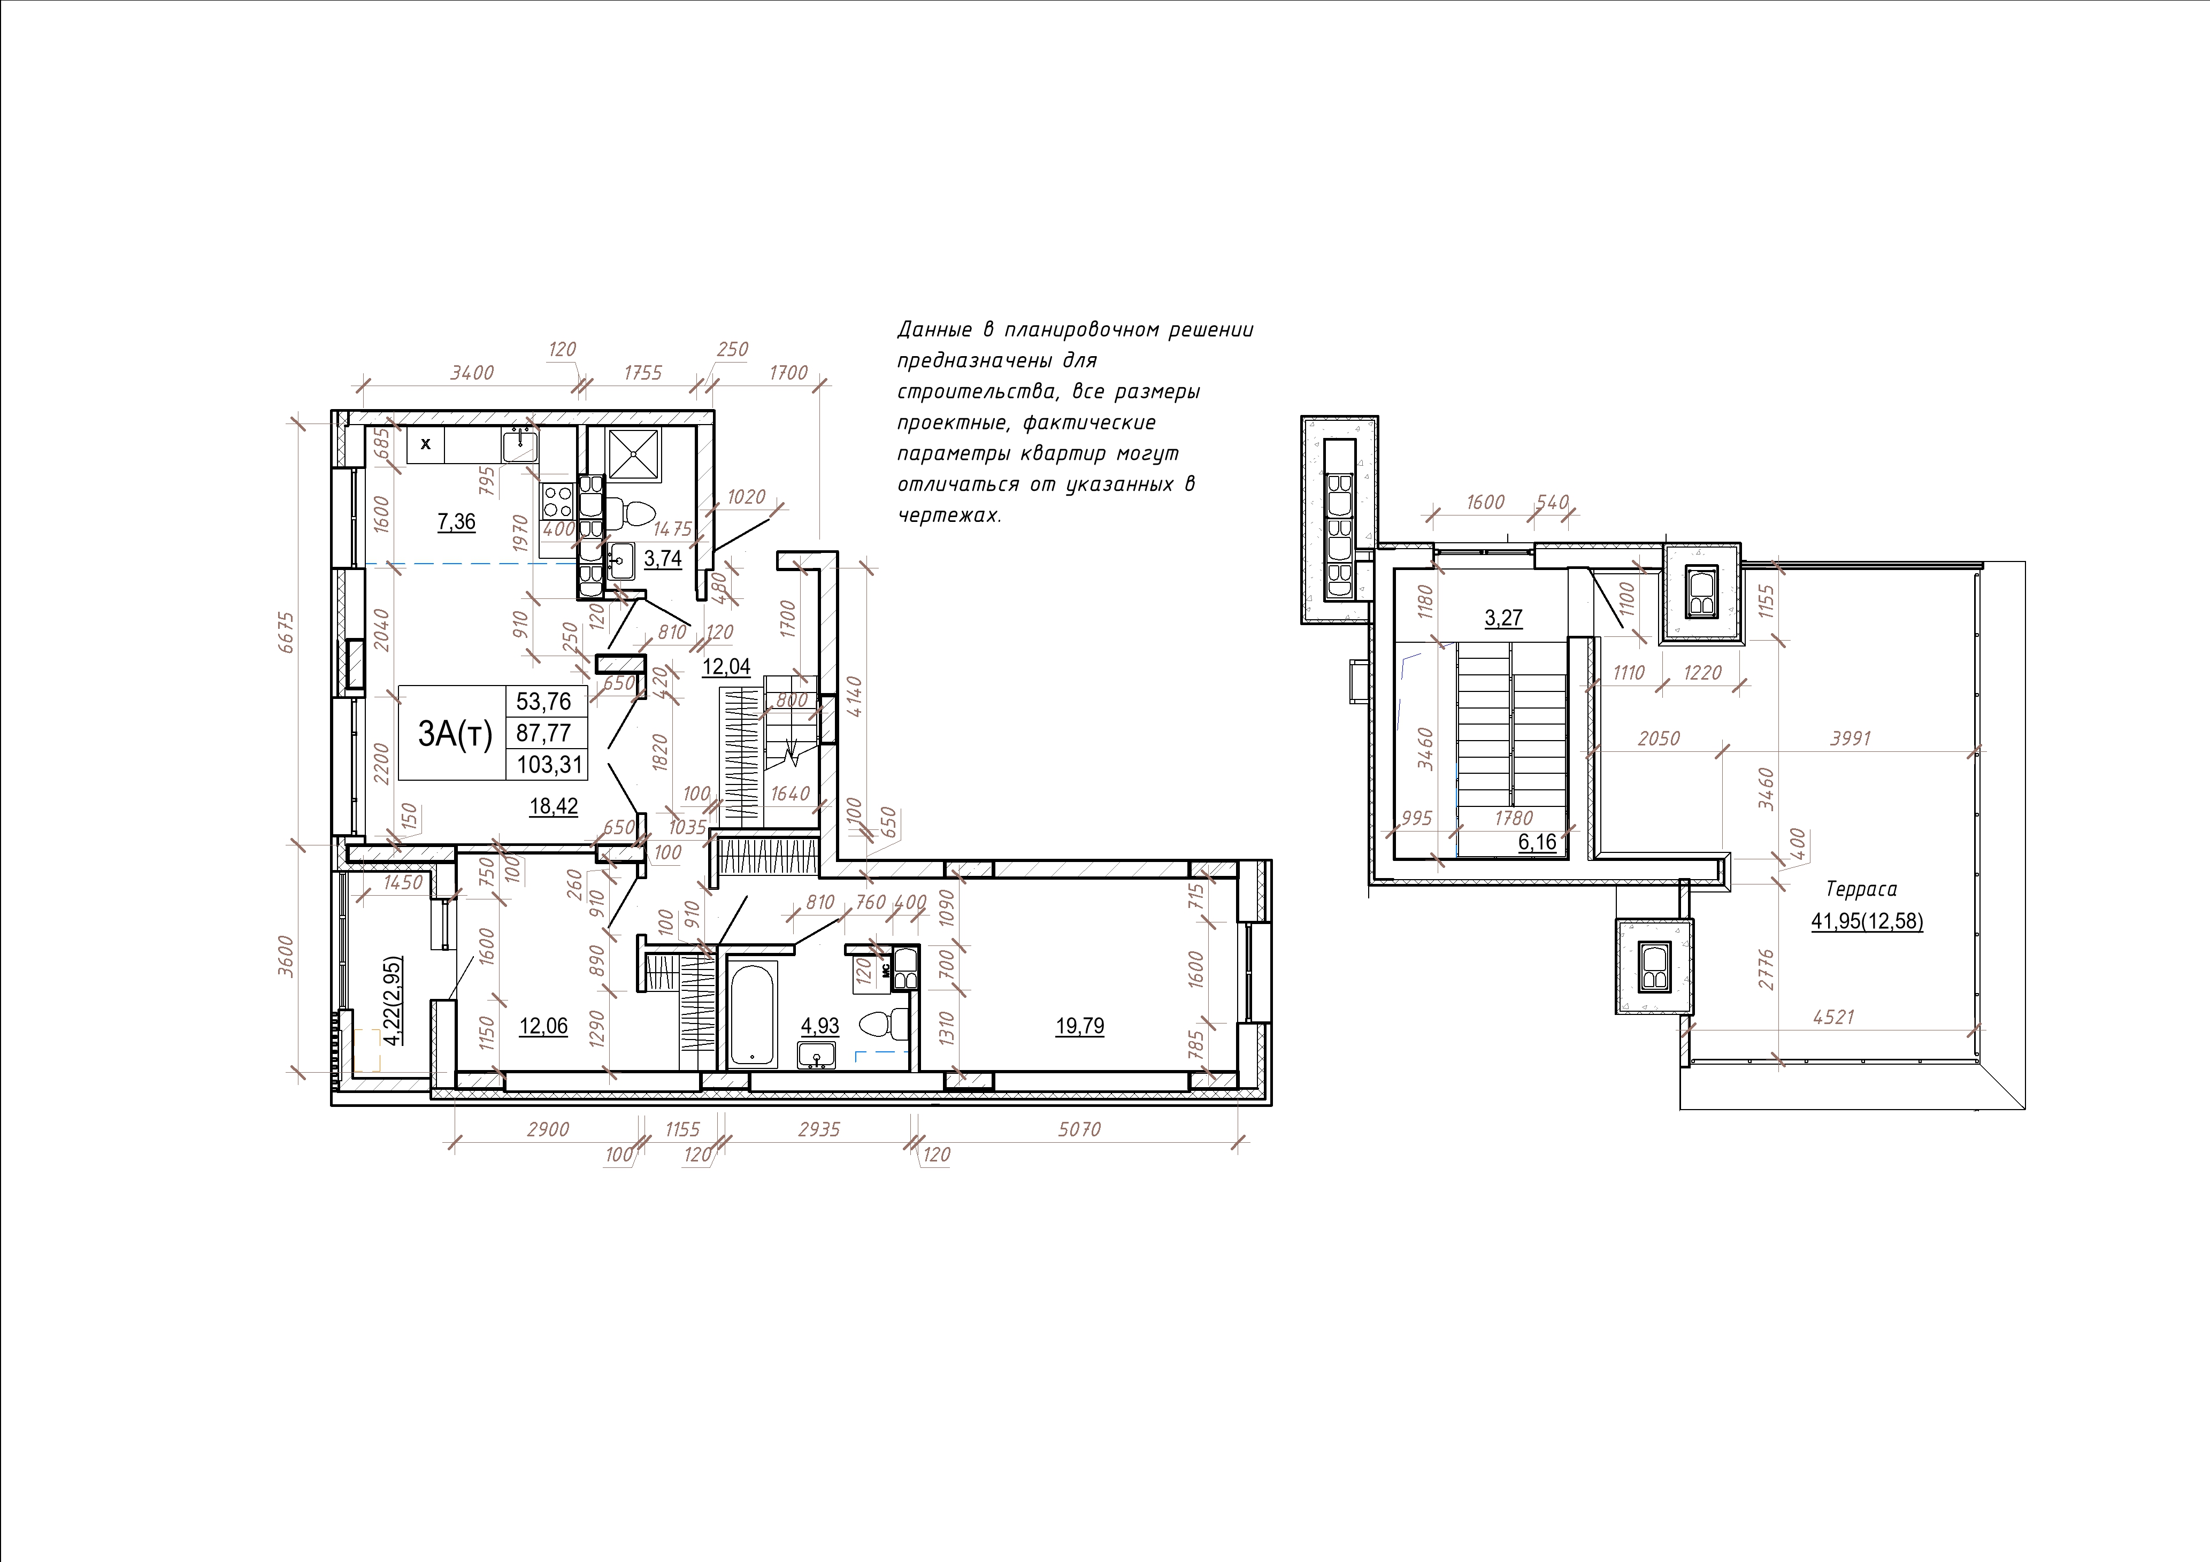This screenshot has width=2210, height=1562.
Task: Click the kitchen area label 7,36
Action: click(x=456, y=521)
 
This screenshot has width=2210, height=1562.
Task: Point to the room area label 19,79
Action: click(x=1080, y=1026)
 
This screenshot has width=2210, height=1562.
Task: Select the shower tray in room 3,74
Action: click(x=633, y=453)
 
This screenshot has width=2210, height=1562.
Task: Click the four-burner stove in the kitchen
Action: click(x=557, y=501)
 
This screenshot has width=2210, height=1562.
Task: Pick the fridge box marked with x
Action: click(x=425, y=444)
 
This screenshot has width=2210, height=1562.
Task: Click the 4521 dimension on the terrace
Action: click(x=1833, y=1017)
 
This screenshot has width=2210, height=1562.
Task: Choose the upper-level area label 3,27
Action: click(x=1503, y=617)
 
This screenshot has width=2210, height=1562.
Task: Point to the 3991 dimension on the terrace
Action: click(x=1849, y=738)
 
